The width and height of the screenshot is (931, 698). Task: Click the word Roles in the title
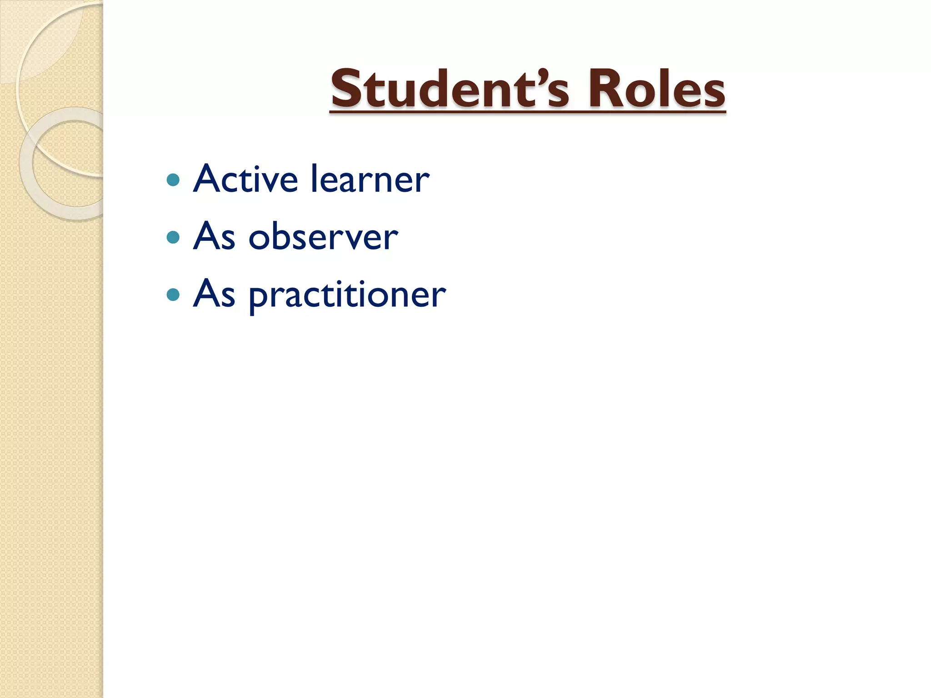pyautogui.click(x=656, y=89)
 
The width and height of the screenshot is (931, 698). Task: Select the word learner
pyautogui.click(x=370, y=179)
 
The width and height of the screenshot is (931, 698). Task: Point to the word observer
pyautogui.click(x=323, y=237)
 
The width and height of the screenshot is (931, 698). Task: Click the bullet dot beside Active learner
pyautogui.click(x=173, y=180)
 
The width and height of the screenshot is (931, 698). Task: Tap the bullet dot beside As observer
pyautogui.click(x=173, y=238)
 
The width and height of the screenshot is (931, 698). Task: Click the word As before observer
pyautogui.click(x=214, y=237)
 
